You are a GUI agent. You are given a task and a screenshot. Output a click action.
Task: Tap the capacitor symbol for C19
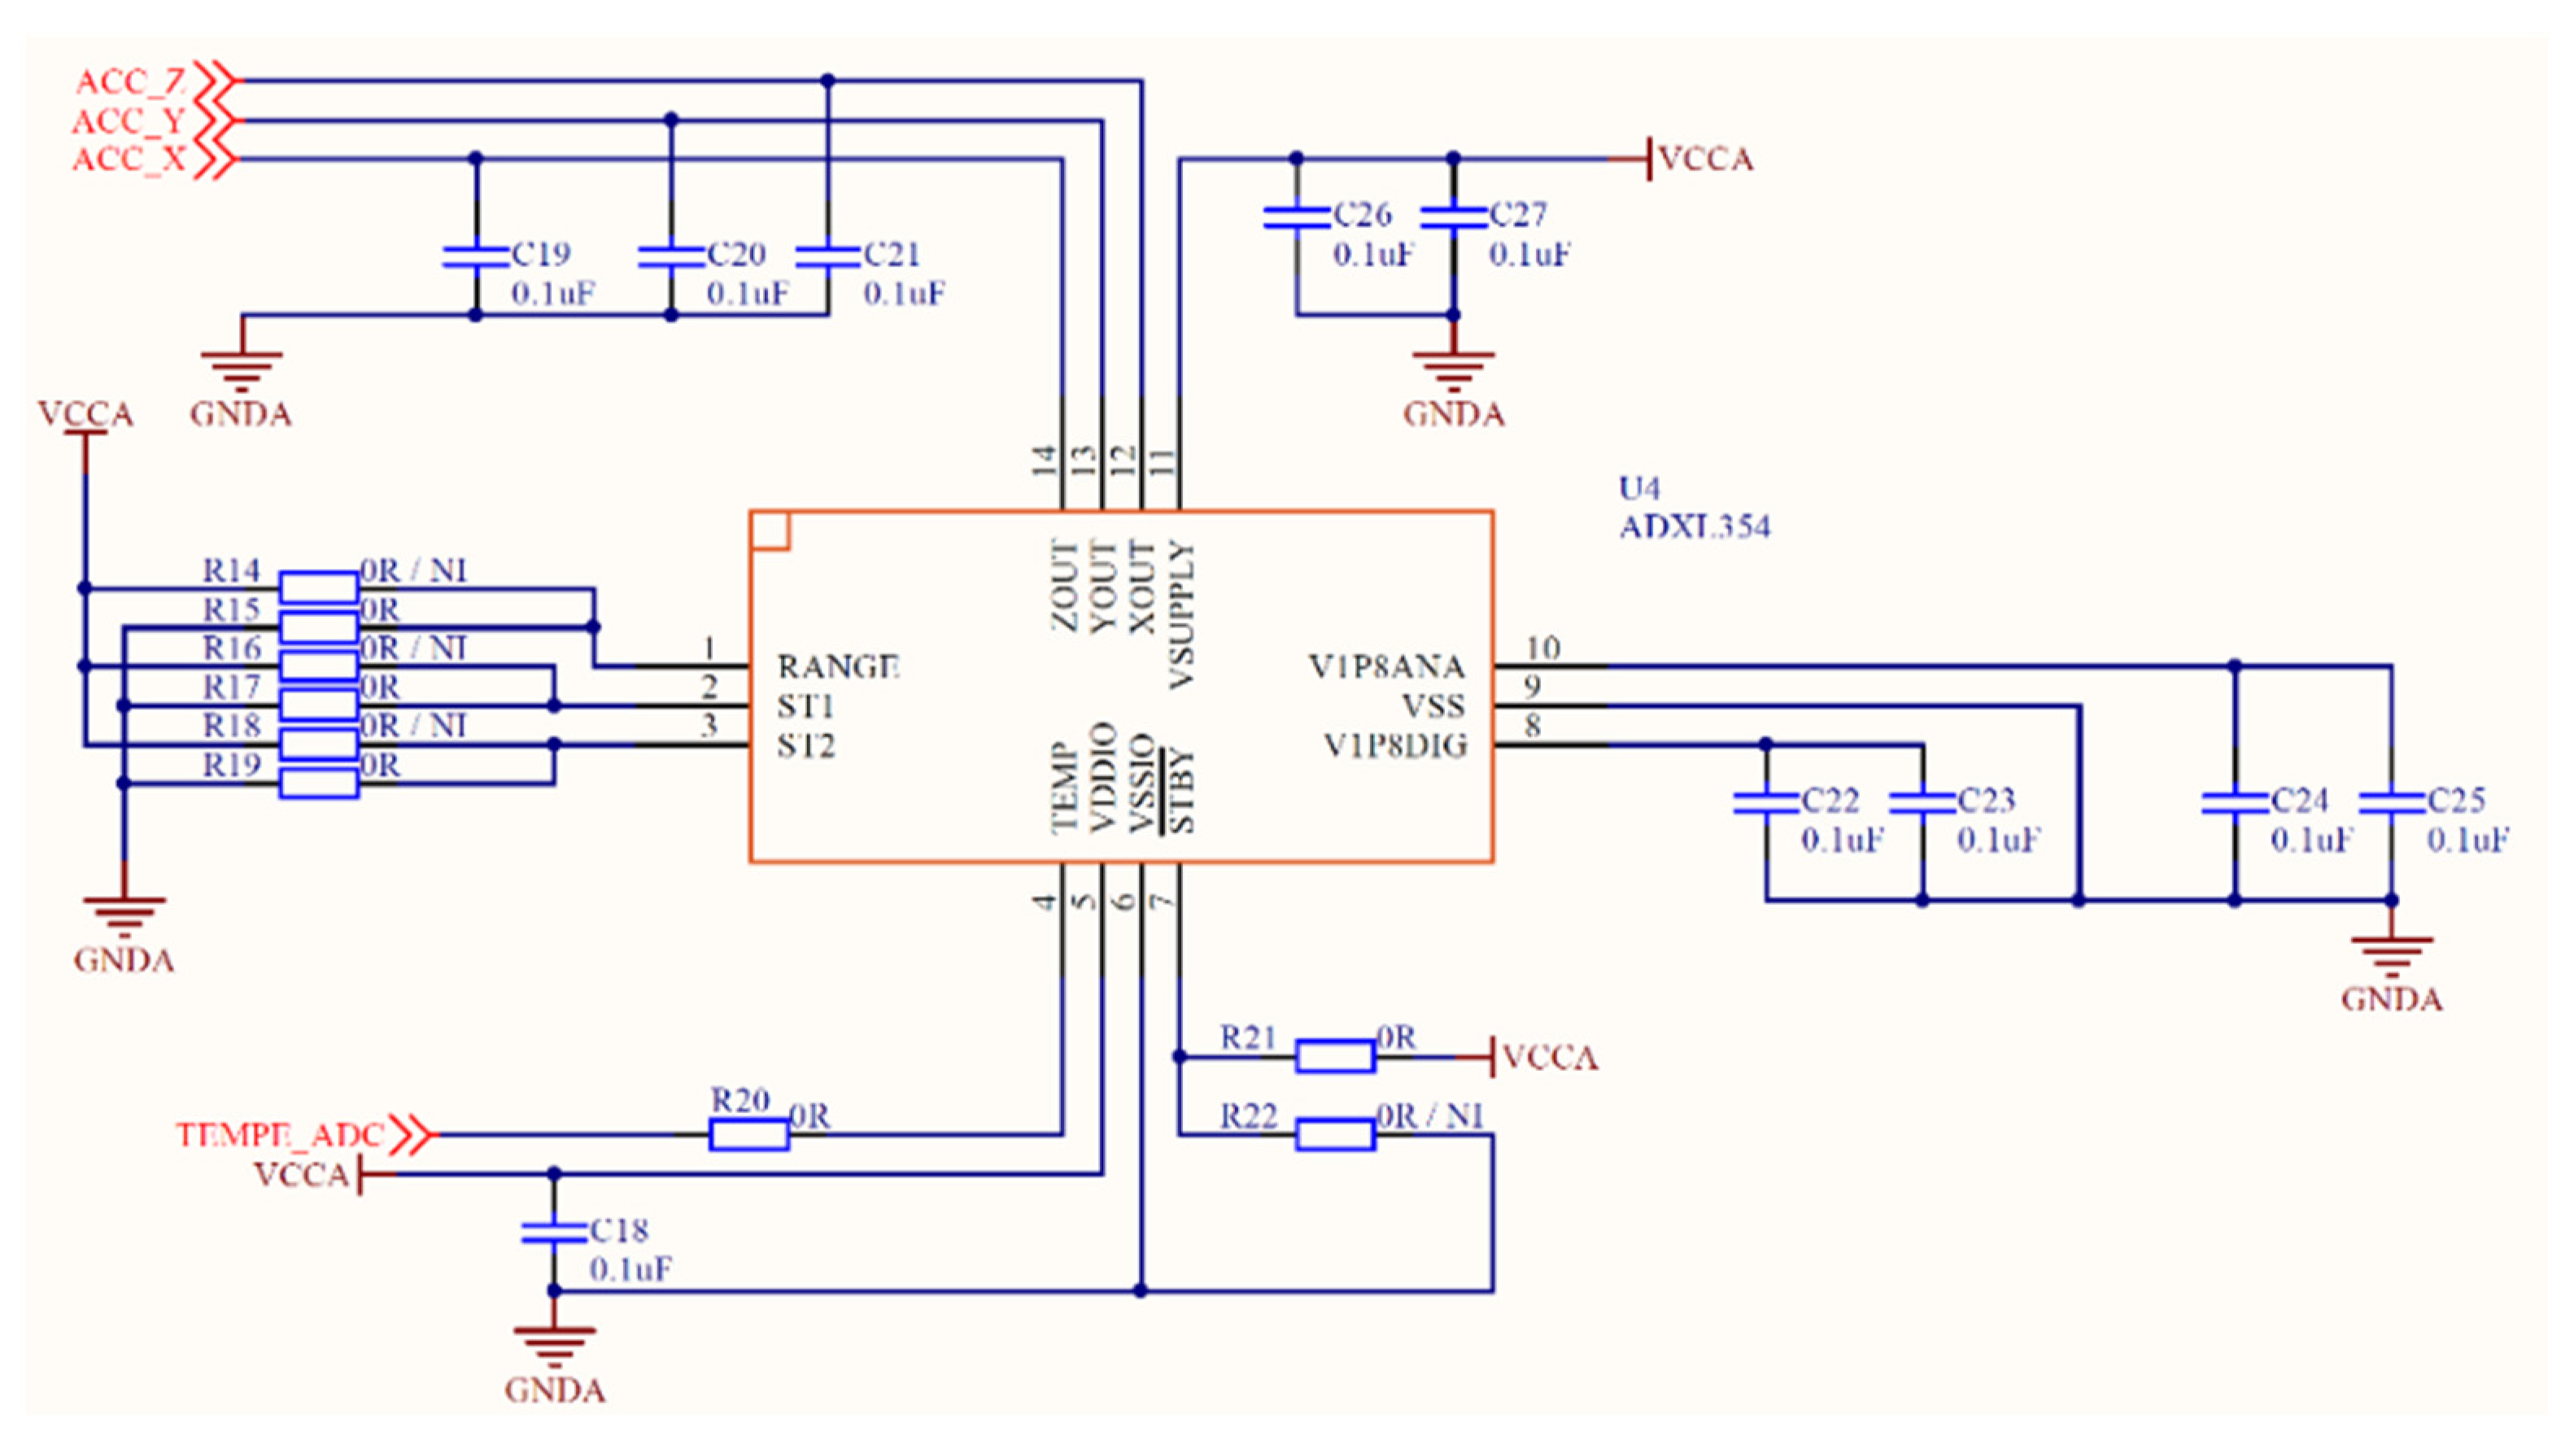pos(476,257)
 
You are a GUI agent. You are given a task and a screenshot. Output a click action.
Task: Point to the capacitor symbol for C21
pos(827,257)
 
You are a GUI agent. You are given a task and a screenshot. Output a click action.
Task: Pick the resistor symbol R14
pos(318,587)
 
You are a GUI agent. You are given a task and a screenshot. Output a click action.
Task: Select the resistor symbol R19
pos(318,783)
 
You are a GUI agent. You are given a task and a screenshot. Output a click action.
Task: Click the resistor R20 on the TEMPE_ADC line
pos(748,1134)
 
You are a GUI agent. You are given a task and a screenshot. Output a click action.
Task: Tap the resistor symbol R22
pos(1334,1134)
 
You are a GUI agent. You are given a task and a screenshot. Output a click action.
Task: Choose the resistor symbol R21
pos(1334,1056)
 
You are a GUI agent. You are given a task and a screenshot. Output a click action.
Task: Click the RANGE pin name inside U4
pos(837,666)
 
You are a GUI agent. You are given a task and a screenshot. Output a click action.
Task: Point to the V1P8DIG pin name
pos(1395,745)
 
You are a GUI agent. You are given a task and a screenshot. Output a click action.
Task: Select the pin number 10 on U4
pos(1542,648)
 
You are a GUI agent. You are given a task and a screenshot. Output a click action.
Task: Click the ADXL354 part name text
pos(1694,526)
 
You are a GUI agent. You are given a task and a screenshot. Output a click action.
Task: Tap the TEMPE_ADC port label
pos(280,1135)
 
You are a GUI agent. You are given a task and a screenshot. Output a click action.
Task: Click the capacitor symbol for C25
pos(2391,802)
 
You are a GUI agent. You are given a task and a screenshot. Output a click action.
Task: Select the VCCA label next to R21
pos(1549,1057)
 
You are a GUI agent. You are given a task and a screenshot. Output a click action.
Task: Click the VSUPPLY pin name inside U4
pos(1181,614)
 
